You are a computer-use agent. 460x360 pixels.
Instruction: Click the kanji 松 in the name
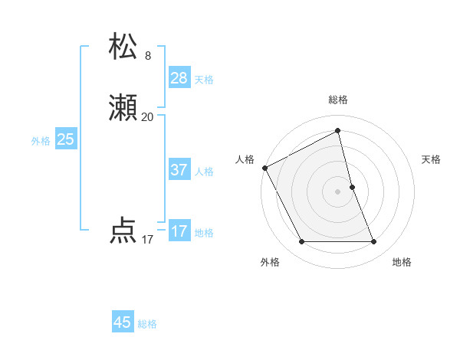[x=124, y=47]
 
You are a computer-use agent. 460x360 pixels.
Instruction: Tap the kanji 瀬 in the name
[x=124, y=110]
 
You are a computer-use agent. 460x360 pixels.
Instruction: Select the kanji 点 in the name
[x=124, y=231]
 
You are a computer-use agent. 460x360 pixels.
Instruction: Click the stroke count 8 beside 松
[x=148, y=56]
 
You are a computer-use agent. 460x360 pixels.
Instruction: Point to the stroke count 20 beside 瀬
[x=148, y=117]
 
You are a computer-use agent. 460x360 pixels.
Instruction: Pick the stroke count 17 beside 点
[x=148, y=240]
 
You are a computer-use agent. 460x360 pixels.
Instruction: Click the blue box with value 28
[x=179, y=78]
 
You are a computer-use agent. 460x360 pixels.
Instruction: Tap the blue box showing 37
[x=179, y=170]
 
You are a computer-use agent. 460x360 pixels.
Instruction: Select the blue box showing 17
[x=179, y=231]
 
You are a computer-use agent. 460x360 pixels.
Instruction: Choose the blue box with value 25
[x=66, y=139]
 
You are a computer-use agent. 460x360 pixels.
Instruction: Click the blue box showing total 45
[x=123, y=322]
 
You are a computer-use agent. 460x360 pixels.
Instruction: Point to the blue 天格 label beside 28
[x=204, y=80]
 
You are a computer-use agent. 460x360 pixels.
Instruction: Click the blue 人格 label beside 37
[x=204, y=172]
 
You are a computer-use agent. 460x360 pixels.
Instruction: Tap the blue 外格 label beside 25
[x=41, y=141]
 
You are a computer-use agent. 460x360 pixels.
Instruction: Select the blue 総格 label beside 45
[x=147, y=324]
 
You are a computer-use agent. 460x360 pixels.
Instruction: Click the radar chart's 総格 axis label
[x=338, y=100]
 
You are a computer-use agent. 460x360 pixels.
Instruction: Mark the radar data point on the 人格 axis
[x=264, y=168]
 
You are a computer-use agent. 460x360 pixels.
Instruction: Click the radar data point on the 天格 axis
[x=352, y=187]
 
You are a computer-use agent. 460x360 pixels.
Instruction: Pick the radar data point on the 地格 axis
[x=374, y=242]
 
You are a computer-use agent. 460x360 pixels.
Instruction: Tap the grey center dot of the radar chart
[x=338, y=191]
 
